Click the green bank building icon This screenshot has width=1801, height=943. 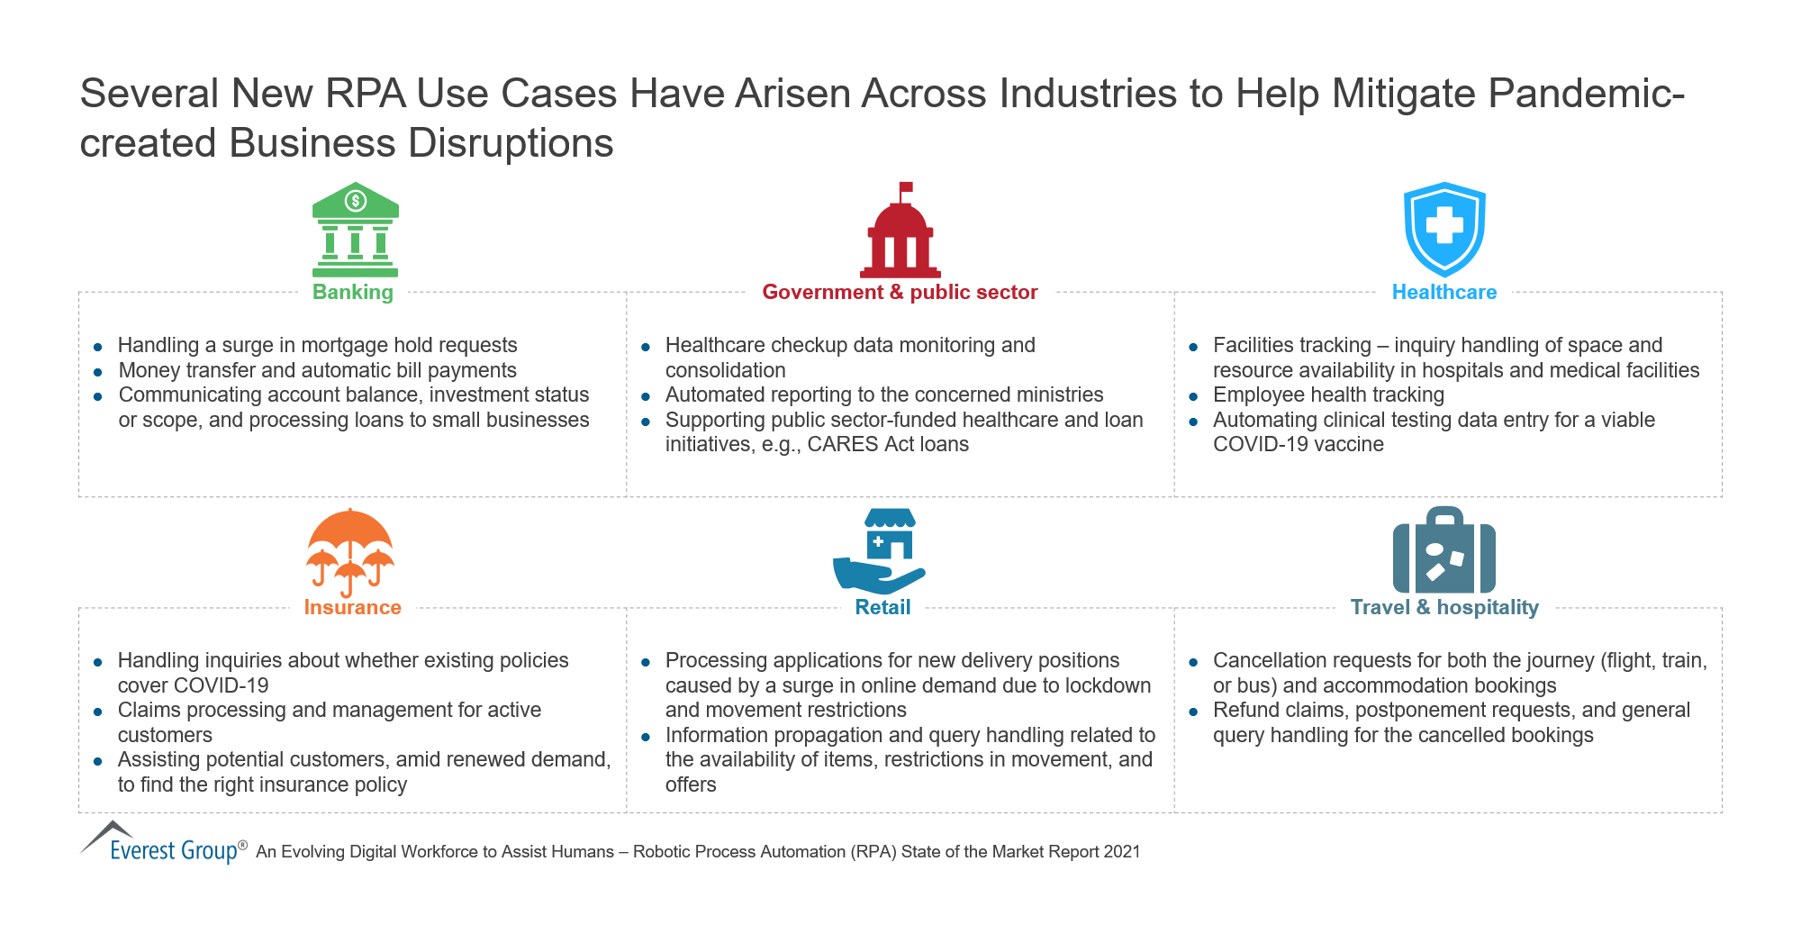[x=356, y=230]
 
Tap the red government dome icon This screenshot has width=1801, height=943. [x=900, y=231]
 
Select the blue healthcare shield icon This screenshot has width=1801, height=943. [x=1444, y=230]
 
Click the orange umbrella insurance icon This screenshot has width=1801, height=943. [x=350, y=552]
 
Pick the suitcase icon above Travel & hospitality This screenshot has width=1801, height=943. [x=1444, y=549]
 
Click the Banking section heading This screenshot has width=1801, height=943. [x=353, y=293]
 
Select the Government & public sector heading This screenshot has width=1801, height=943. [x=900, y=292]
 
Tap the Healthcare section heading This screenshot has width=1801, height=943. [x=1444, y=292]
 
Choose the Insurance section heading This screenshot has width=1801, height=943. [x=352, y=607]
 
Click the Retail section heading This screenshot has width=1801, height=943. [x=882, y=607]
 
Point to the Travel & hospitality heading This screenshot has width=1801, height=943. [x=1444, y=608]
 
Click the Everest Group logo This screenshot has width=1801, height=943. [x=163, y=842]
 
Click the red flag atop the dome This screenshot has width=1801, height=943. [x=906, y=187]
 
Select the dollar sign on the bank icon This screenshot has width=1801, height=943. [x=356, y=199]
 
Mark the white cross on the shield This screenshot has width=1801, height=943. [x=1444, y=225]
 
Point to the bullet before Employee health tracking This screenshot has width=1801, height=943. [x=1193, y=396]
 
